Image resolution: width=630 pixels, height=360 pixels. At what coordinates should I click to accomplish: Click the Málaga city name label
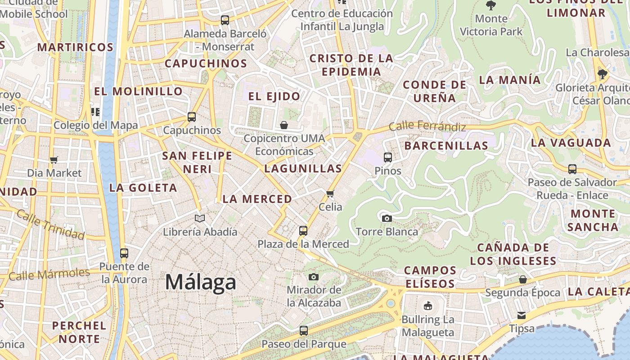point(200,282)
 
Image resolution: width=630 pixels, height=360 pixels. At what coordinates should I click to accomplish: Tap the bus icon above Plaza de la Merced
point(303,231)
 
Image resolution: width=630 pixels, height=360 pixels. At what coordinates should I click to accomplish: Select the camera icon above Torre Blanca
point(387,219)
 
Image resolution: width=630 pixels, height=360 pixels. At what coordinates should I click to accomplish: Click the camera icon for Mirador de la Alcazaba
point(314,277)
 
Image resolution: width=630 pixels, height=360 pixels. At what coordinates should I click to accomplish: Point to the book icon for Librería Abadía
point(200,219)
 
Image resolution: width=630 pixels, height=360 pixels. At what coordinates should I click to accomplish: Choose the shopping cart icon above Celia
point(330,194)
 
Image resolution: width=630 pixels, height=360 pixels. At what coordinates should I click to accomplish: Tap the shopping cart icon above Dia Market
point(54,160)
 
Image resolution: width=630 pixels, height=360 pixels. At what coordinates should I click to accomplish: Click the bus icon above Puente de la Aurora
point(124,253)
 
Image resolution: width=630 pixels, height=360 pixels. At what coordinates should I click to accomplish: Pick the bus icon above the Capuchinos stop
point(192,117)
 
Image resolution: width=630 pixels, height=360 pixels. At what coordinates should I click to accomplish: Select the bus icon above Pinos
point(388,157)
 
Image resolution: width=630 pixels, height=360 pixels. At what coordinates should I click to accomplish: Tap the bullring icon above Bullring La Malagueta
point(428,306)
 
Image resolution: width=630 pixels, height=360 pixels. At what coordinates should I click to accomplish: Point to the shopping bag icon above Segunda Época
point(522,279)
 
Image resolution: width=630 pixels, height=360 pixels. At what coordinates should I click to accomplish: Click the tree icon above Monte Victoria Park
point(491,6)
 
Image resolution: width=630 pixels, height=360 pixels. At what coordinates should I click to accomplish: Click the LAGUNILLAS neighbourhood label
point(303,169)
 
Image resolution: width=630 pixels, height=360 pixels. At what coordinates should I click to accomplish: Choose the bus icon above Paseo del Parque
point(304,331)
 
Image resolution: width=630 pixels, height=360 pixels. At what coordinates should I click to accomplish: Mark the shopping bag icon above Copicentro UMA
point(284,125)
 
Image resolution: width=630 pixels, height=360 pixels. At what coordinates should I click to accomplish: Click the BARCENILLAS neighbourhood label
point(446,146)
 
